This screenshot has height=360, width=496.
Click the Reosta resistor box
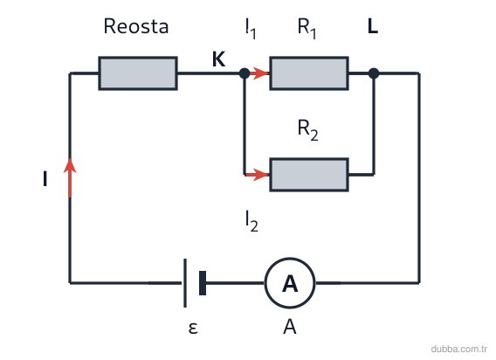[138, 73]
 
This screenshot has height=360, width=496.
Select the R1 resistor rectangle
[309, 73]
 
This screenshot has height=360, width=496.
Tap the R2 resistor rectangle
[309, 175]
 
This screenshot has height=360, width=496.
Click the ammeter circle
[290, 283]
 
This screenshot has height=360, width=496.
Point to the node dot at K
[245, 73]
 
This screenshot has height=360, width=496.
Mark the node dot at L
[374, 73]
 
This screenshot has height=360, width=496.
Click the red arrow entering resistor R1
[259, 73]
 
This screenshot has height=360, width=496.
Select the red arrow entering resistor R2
[257, 175]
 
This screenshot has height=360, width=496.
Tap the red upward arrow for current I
[70, 177]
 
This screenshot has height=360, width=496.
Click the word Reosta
[136, 26]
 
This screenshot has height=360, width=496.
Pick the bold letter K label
[219, 59]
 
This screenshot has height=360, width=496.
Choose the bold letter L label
[373, 26]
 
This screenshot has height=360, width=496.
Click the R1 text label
[307, 29]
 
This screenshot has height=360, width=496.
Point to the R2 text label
[307, 130]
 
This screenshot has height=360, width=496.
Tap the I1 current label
[251, 29]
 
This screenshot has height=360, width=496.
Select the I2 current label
[251, 221]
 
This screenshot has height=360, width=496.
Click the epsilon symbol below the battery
[193, 328]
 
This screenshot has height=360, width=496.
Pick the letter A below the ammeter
[290, 327]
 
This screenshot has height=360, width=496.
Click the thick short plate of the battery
[203, 283]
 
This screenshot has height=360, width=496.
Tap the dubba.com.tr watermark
[459, 349]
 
